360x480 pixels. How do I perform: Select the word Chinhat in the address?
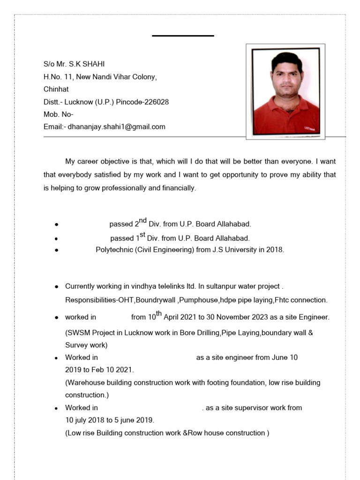click(x=56, y=89)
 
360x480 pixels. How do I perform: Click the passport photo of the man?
click(x=285, y=92)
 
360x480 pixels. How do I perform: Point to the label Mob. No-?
click(x=58, y=114)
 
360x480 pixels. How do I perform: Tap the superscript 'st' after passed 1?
click(x=143, y=234)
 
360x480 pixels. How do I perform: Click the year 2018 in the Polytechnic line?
click(x=274, y=250)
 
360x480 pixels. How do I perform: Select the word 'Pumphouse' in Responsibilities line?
click(x=200, y=300)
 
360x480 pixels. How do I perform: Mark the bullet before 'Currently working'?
click(x=56, y=286)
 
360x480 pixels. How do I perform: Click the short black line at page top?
click(x=183, y=36)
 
